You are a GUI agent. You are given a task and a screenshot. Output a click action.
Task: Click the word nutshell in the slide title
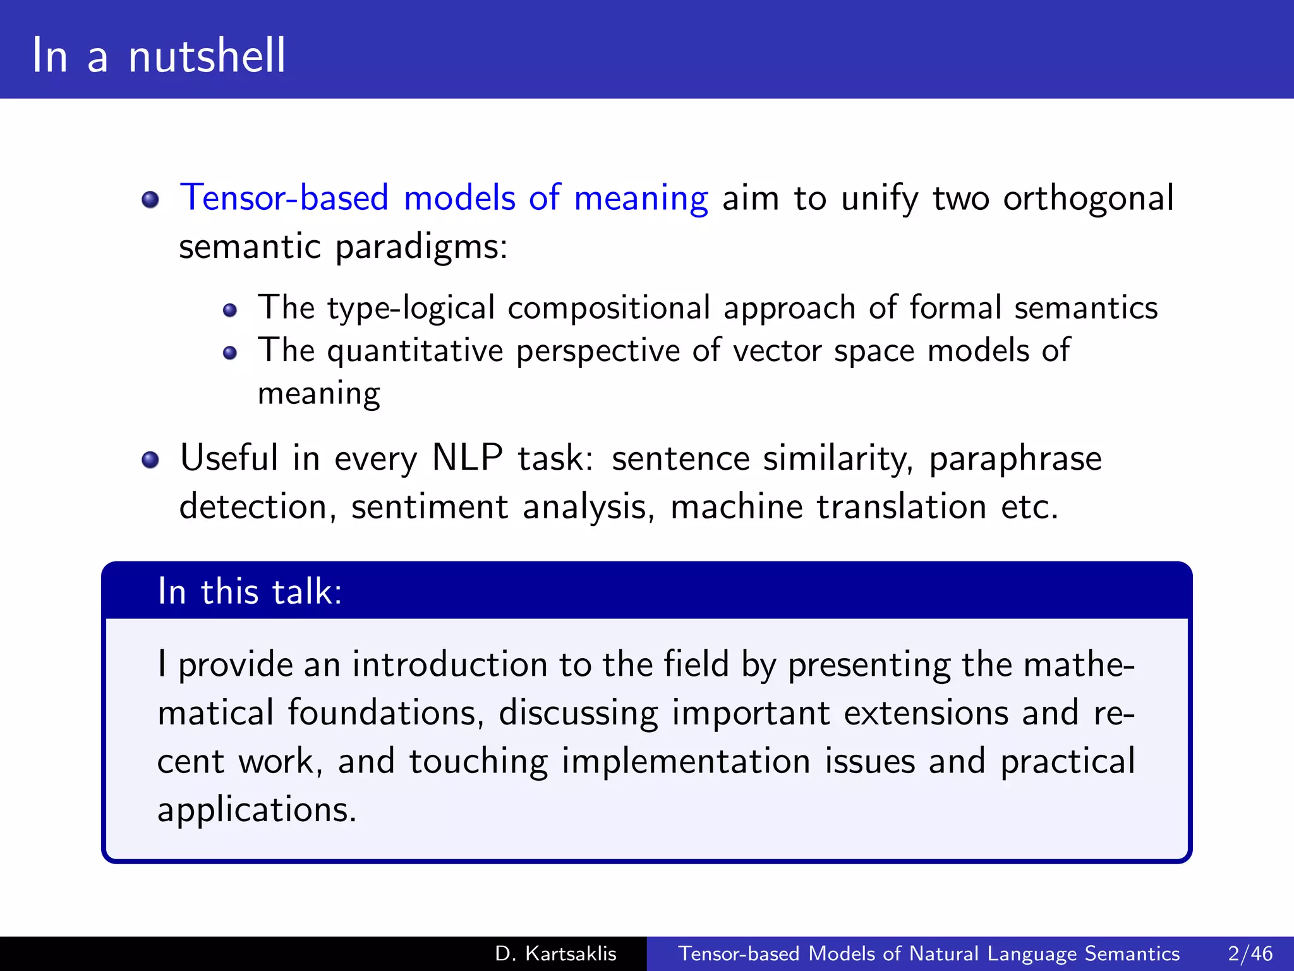207,56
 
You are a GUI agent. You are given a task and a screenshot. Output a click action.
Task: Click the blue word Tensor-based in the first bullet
284,198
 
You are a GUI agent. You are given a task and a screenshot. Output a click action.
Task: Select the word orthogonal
1088,198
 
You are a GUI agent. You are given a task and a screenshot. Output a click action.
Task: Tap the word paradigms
421,247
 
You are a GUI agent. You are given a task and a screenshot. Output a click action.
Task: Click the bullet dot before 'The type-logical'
230,310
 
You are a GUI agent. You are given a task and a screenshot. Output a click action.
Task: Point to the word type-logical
411,308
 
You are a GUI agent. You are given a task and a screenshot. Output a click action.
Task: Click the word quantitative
415,351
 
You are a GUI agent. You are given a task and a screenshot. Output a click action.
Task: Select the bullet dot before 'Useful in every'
150,460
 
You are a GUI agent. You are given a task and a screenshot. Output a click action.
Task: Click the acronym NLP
467,458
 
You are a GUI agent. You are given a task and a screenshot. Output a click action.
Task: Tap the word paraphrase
1015,459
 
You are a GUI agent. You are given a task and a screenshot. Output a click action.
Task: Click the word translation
901,507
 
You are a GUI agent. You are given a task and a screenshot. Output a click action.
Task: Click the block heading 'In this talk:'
250,592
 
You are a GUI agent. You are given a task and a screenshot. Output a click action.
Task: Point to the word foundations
385,713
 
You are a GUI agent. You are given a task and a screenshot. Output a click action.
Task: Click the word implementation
686,761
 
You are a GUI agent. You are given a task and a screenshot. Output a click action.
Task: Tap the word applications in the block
257,810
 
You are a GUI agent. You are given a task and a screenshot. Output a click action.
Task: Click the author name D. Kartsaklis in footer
555,953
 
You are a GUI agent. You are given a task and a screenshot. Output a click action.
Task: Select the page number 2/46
1250,953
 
